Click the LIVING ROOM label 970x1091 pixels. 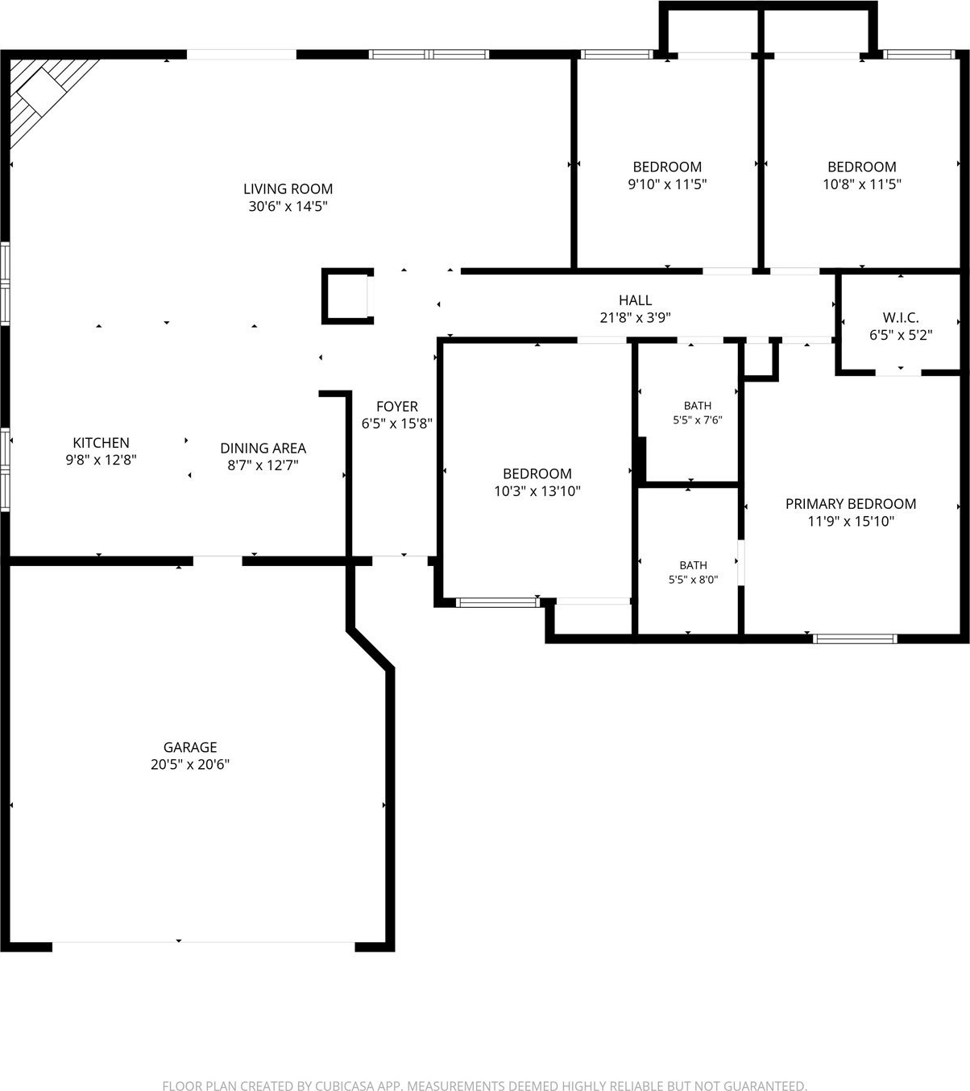[x=288, y=189]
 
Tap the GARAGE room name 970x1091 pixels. [x=190, y=747]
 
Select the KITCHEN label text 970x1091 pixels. [x=101, y=443]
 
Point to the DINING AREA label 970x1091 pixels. [x=263, y=448]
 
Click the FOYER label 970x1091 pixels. [x=397, y=406]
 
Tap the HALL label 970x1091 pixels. [x=636, y=300]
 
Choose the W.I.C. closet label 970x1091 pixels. [x=901, y=317]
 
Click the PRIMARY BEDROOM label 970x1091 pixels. [x=851, y=503]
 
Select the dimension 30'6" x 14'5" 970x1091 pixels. [x=288, y=206]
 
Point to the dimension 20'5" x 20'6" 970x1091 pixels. [x=190, y=764]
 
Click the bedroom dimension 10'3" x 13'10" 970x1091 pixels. [x=537, y=490]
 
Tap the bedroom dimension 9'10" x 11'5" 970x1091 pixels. [x=667, y=184]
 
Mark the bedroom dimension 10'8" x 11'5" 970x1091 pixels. [x=862, y=184]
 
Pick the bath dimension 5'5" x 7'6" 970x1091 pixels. [x=698, y=420]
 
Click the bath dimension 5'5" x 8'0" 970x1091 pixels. [x=693, y=580]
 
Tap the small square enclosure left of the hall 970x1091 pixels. [x=347, y=296]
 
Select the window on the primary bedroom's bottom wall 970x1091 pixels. [x=855, y=638]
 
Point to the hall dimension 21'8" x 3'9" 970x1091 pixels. [x=636, y=318]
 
